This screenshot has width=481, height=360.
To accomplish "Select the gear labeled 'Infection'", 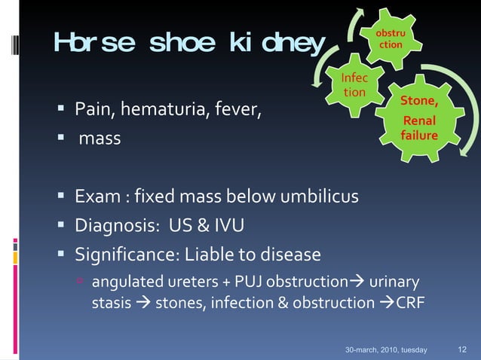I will tap(354, 85).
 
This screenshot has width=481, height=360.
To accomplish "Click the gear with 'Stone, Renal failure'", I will tap(419, 118).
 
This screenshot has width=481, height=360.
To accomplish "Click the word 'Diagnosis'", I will tap(112, 225).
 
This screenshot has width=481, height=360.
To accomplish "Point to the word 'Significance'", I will tap(123, 254).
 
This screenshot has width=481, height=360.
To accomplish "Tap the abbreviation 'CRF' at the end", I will tap(411, 304).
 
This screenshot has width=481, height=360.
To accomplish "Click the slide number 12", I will tap(463, 349).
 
